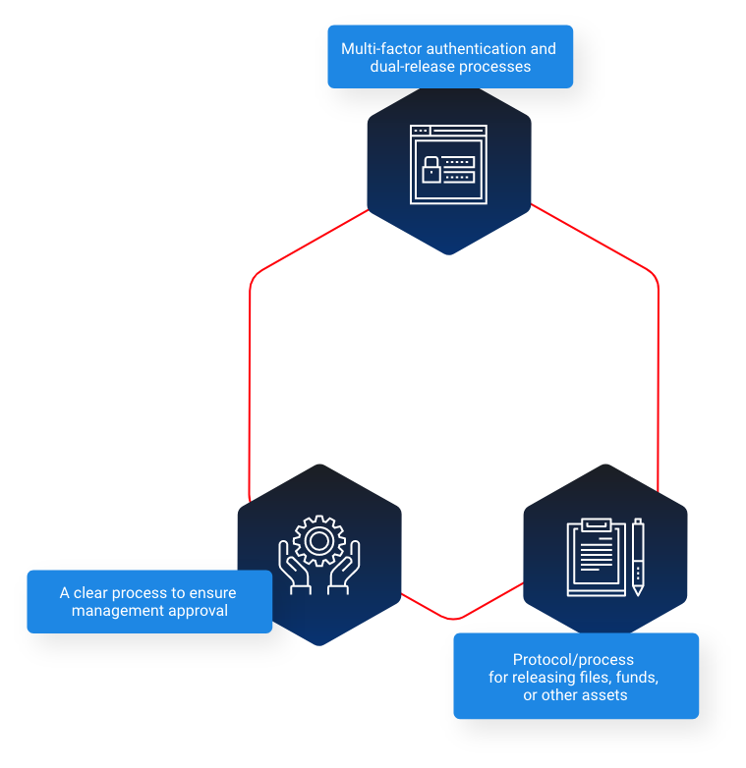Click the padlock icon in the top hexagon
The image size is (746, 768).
coord(431,170)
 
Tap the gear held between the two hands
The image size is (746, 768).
coord(318,540)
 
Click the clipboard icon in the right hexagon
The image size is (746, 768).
coord(596,558)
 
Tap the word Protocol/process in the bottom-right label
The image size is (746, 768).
coord(573,660)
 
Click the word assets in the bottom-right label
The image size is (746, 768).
coord(606,695)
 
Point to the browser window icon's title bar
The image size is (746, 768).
coord(448,131)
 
